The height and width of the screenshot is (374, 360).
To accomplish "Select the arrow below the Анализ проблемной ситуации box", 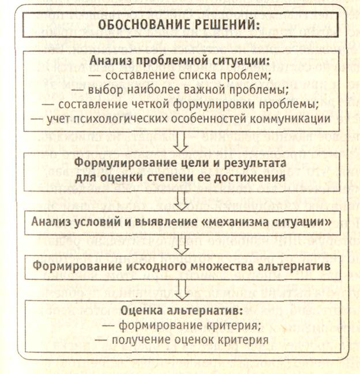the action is [x=182, y=140].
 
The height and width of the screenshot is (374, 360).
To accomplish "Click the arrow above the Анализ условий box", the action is [x=182, y=199].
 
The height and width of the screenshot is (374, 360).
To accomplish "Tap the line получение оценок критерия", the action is [x=182, y=339].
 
